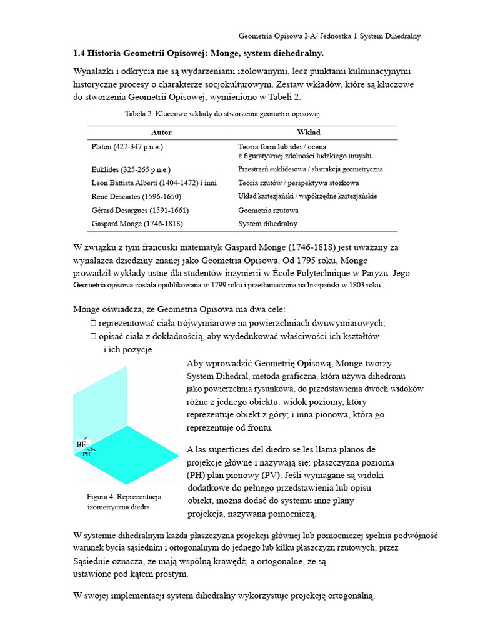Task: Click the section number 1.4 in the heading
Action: (79, 53)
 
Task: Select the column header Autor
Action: (161, 132)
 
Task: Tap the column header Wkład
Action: (308, 132)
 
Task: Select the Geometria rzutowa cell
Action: (268, 210)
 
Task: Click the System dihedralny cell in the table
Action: (267, 224)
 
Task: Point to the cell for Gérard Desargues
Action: (140, 210)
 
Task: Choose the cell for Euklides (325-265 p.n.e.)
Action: (131, 169)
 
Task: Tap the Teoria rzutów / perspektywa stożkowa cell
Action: (298, 183)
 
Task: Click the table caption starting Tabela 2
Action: (223, 114)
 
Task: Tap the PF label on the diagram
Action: (81, 444)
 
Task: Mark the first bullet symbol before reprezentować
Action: (92, 323)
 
